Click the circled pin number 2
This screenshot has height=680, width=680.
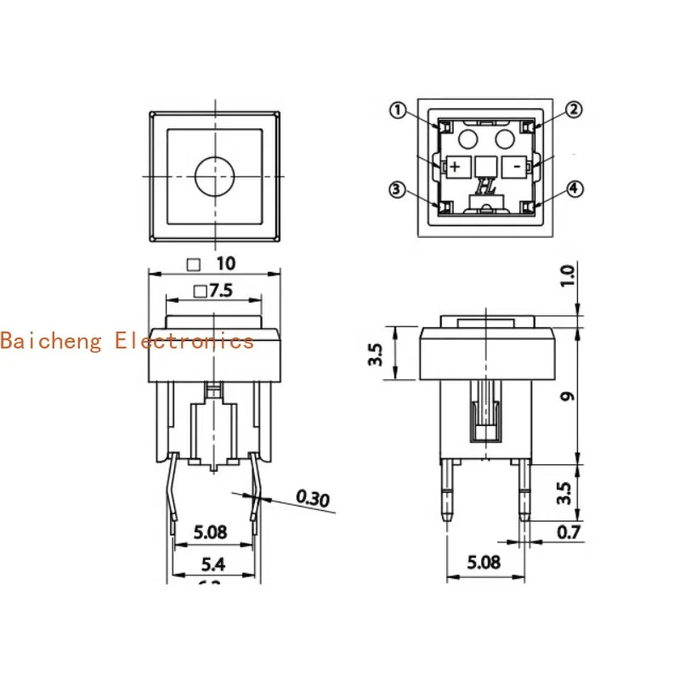coord(575,110)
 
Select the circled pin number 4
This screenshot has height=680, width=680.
coord(575,189)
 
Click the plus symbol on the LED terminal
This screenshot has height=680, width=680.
coord(455,167)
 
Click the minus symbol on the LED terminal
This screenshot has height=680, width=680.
coord(516,167)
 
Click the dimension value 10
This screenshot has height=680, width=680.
coord(225,263)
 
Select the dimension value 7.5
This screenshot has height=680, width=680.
coord(221,291)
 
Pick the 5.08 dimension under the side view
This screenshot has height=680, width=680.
coord(485,563)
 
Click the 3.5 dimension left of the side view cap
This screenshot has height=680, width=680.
coord(375,353)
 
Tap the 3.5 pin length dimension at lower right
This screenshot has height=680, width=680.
coord(567,492)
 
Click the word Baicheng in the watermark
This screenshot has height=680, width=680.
coord(53,341)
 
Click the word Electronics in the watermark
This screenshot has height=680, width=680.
coord(184,341)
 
